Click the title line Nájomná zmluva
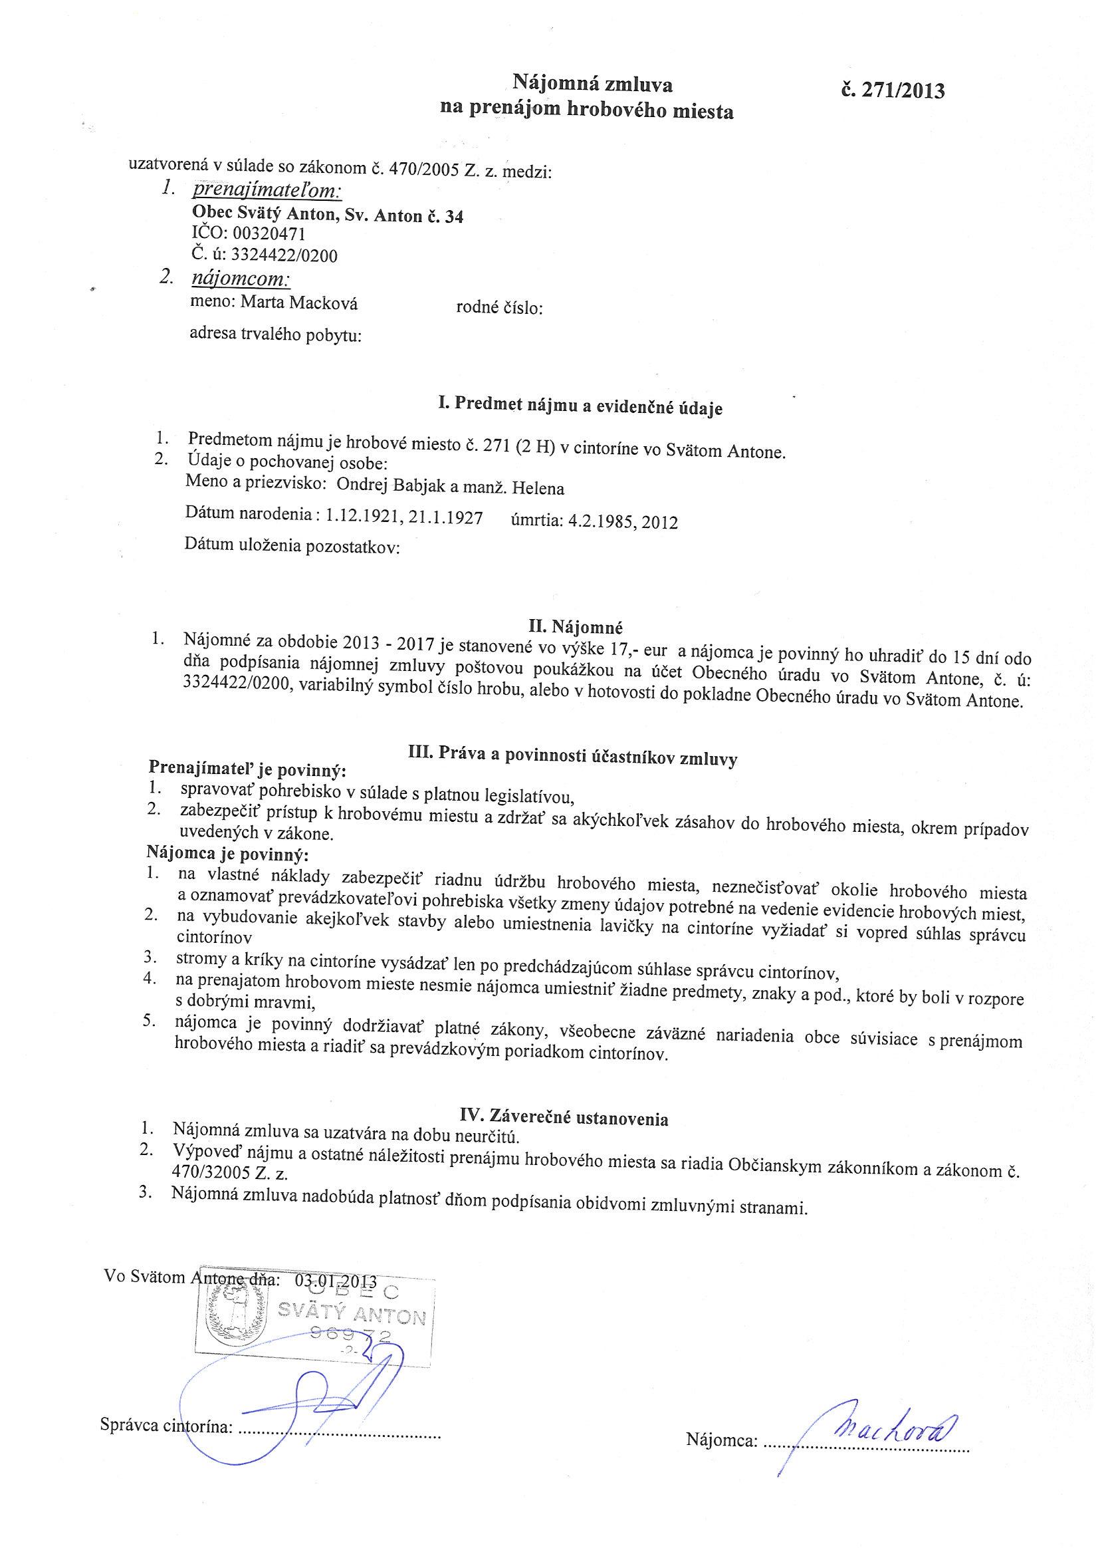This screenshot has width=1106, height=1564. [x=592, y=84]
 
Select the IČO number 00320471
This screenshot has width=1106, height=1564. [x=269, y=234]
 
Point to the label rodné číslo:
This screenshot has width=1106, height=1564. [x=499, y=309]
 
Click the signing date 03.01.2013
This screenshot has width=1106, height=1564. [x=336, y=1279]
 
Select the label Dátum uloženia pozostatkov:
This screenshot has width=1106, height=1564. [x=292, y=547]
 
